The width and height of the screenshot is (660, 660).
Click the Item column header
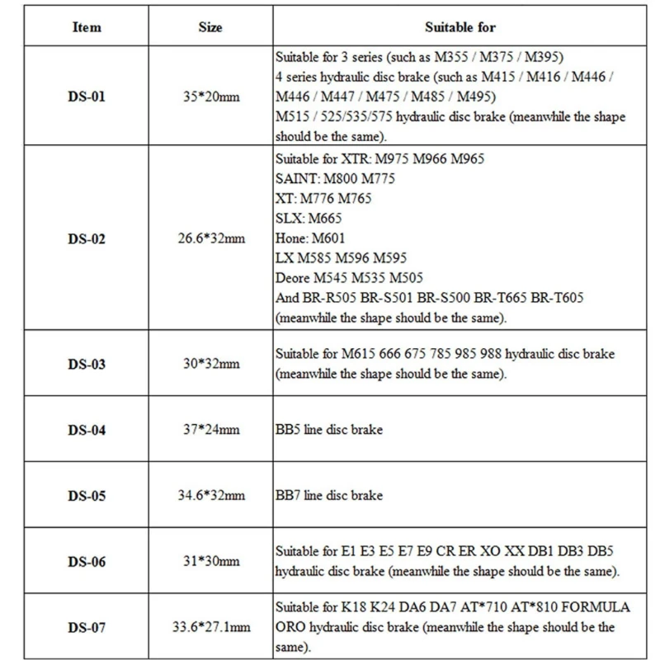tap(87, 26)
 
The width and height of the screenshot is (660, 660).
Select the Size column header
tap(210, 26)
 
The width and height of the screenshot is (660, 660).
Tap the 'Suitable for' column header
tap(460, 26)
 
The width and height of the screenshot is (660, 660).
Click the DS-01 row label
tap(87, 97)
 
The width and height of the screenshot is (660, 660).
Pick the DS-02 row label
tap(87, 239)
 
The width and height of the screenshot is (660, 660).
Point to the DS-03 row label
tap(87, 364)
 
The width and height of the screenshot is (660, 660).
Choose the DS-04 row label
tap(87, 430)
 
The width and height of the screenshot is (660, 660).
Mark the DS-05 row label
tap(87, 496)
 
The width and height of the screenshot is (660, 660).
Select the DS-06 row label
tap(87, 562)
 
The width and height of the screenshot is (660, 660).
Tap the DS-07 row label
tap(87, 628)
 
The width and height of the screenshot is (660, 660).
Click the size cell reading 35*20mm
tap(210, 97)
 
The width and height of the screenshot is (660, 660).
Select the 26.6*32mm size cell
tap(210, 239)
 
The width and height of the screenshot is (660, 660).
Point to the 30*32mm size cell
tap(210, 364)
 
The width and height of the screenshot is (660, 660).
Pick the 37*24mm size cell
tap(210, 430)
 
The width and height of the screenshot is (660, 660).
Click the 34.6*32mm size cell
tap(210, 496)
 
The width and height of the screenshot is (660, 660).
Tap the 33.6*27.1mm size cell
tap(210, 628)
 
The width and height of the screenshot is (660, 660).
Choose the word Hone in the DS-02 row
tap(290, 238)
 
